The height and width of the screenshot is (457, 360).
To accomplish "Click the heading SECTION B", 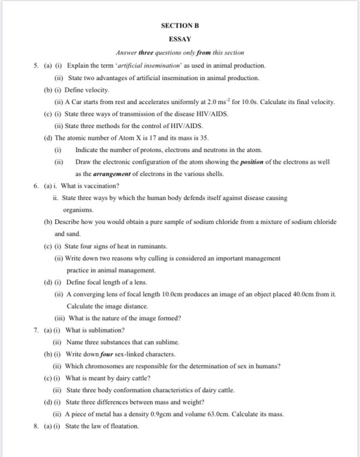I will [179, 26].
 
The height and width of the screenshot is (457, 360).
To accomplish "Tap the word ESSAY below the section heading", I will [179, 39].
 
